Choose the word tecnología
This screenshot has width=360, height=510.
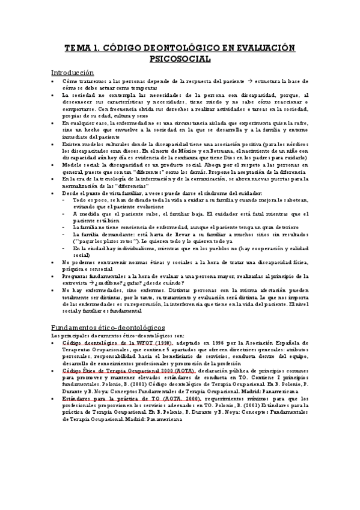[108, 179]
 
